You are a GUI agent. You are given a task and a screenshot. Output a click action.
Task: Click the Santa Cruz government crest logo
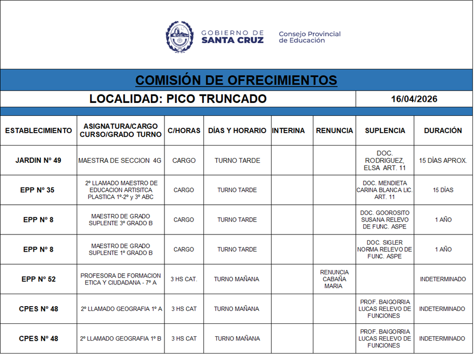click(x=180, y=37)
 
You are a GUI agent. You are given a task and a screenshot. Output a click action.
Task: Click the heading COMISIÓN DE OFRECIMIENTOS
click(x=236, y=80)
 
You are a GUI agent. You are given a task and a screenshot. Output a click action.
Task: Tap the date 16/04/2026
click(x=414, y=99)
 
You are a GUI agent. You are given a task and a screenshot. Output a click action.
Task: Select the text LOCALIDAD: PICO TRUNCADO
click(x=178, y=99)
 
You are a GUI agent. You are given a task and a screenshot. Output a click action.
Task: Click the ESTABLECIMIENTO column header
click(x=38, y=130)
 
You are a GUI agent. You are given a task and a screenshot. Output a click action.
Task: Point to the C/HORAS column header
click(x=184, y=130)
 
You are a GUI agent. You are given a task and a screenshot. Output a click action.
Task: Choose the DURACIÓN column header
click(x=443, y=130)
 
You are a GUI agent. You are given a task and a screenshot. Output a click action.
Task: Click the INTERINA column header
click(x=288, y=130)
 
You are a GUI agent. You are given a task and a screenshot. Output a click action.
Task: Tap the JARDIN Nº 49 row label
click(x=38, y=161)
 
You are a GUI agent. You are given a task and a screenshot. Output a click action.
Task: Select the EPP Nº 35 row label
click(x=38, y=190)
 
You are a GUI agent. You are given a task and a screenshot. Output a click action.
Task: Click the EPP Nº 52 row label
click(x=38, y=279)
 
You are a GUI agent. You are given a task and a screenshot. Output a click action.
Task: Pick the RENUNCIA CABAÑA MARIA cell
click(x=334, y=279)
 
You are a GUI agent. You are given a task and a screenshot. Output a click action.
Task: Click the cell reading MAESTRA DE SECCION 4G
click(x=120, y=161)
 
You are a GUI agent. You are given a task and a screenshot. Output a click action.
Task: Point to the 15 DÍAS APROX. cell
click(x=443, y=161)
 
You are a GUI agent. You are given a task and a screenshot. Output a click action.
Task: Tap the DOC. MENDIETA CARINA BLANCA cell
click(x=384, y=190)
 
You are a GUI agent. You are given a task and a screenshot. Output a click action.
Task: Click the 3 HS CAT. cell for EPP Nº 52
click(x=184, y=279)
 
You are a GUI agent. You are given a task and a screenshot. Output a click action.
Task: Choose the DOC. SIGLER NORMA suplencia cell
click(x=384, y=250)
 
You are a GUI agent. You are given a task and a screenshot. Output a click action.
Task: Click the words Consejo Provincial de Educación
click(x=309, y=37)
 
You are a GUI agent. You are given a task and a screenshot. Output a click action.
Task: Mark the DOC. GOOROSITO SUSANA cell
click(x=384, y=220)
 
